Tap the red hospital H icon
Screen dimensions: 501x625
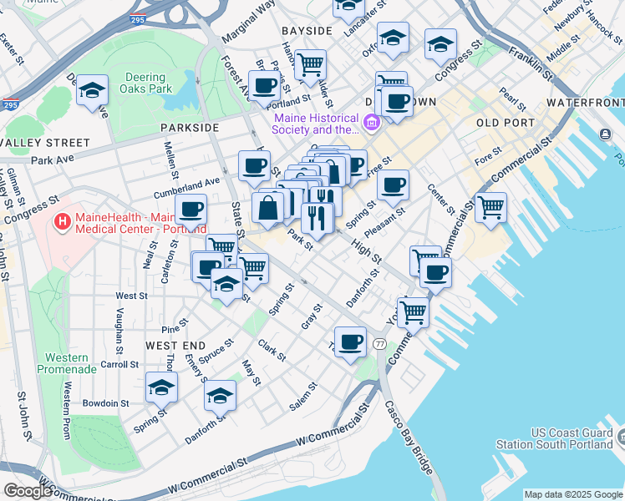click(x=62, y=222)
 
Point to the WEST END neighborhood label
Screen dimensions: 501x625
click(x=175, y=345)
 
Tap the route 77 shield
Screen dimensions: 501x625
click(x=380, y=344)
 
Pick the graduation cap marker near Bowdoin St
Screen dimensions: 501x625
click(x=161, y=387)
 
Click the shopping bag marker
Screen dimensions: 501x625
click(x=269, y=210)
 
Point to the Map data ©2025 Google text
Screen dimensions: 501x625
click(x=572, y=494)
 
